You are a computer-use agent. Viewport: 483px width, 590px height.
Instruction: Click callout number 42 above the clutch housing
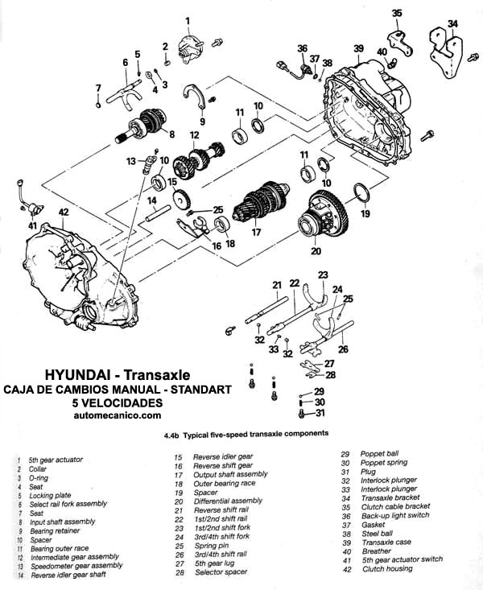64,212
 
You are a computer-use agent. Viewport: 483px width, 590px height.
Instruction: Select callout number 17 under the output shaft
256,232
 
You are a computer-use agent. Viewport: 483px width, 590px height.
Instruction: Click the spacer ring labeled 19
362,193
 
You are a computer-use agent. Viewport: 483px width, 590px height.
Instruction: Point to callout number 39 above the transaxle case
358,48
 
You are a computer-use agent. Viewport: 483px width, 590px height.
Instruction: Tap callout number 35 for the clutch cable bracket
397,14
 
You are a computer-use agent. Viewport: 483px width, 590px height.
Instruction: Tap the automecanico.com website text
118,415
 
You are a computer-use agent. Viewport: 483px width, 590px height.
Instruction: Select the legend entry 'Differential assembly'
228,501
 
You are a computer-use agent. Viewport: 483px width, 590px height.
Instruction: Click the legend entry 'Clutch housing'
387,568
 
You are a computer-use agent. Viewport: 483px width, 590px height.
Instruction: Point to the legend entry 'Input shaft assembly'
63,522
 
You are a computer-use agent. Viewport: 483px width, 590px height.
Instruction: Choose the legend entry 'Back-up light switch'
395,515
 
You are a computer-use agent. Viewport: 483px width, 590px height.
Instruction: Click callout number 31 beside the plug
320,413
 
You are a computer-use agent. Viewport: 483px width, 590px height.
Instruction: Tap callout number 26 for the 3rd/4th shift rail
343,349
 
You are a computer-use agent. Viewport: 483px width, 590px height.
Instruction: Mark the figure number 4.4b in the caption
171,435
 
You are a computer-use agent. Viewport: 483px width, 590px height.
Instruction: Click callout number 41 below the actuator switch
32,225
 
